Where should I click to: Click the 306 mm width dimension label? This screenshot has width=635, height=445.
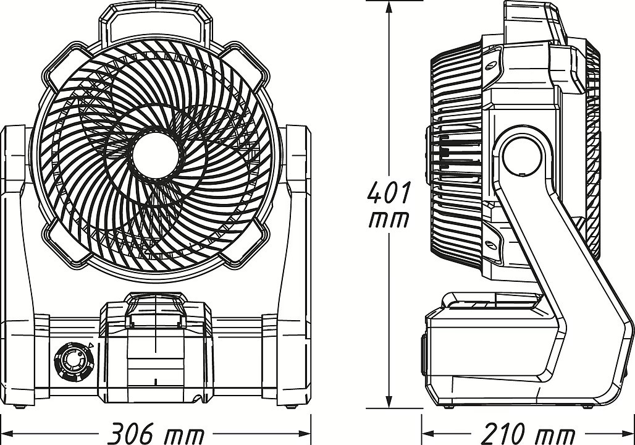157,433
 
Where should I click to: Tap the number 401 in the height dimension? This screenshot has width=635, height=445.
389,193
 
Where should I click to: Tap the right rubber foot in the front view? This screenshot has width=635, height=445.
290,406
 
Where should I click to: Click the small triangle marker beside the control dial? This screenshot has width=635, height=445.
90,346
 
